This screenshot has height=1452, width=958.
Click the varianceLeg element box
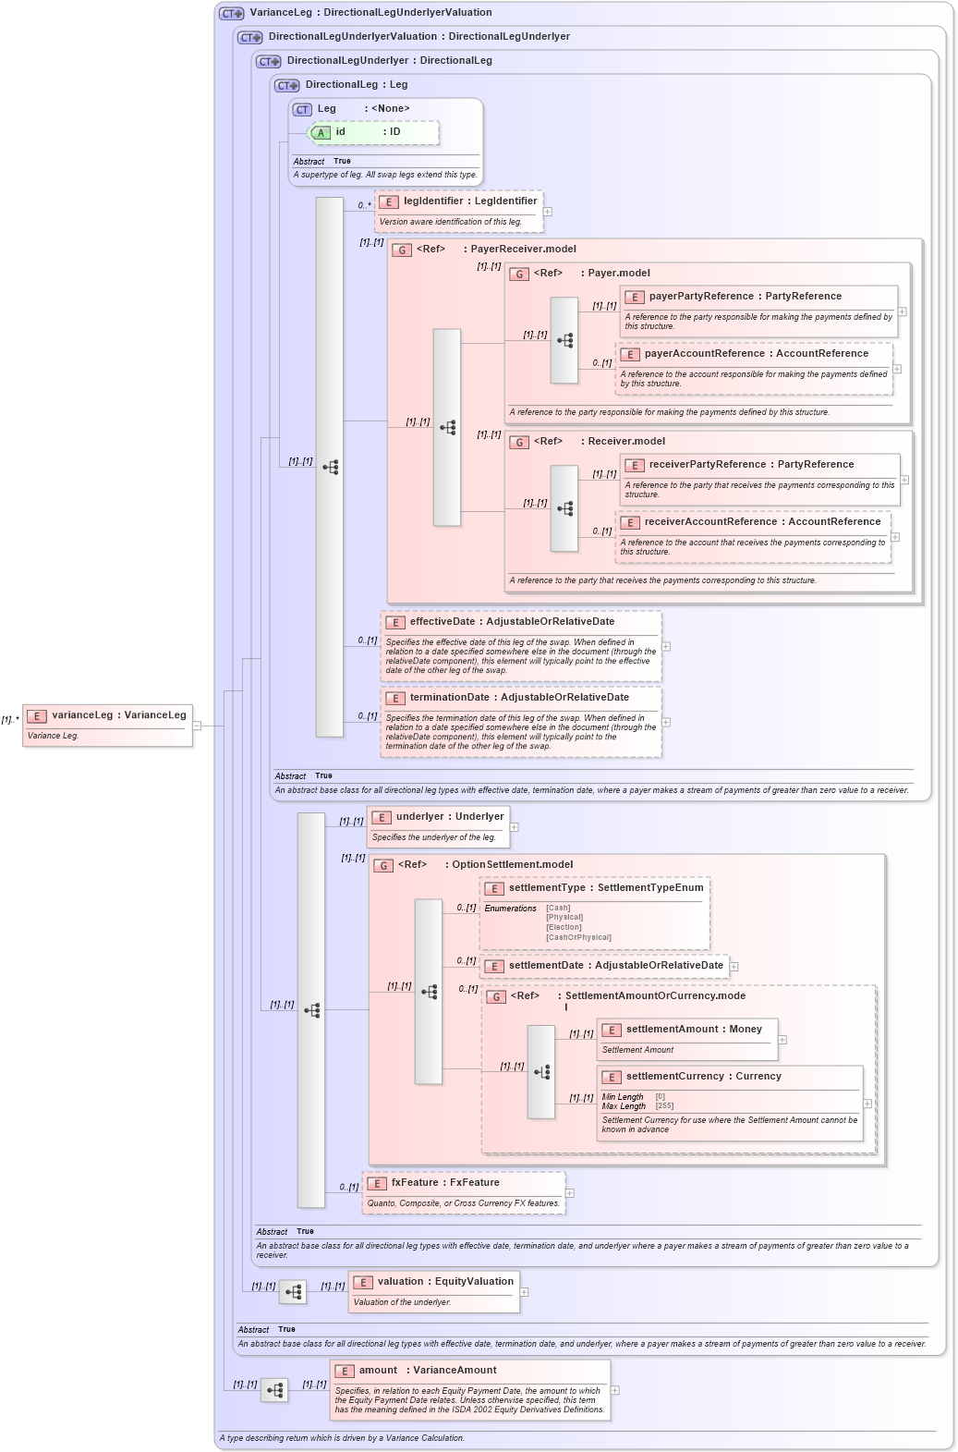[108, 725]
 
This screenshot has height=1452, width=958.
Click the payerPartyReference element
[745, 297]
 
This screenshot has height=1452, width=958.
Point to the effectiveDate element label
[512, 622]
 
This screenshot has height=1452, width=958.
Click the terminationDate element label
[519, 698]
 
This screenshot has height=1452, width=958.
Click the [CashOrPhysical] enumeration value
[578, 937]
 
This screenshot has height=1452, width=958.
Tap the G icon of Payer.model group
[520, 274]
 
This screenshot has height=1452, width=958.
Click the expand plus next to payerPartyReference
[903, 311]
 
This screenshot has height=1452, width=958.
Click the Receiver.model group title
[626, 442]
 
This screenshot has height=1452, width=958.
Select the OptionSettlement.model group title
[512, 865]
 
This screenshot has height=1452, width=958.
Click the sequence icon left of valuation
[293, 1292]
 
